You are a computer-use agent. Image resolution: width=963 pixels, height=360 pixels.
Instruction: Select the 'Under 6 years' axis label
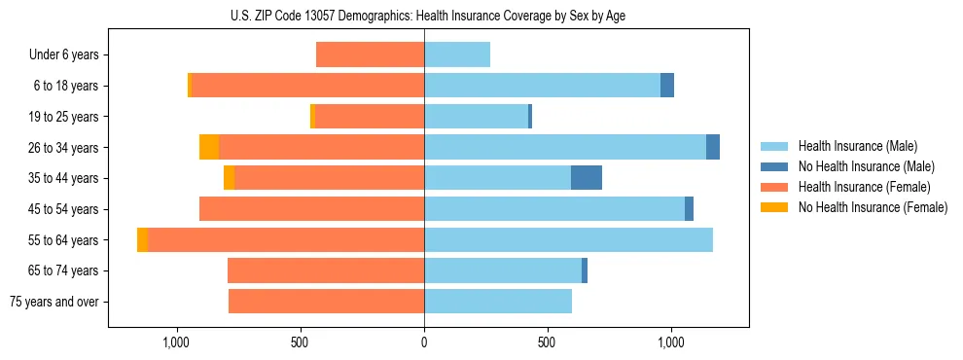pyautogui.click(x=63, y=55)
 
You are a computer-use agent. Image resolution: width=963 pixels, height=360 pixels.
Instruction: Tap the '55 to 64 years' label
pyautogui.click(x=63, y=240)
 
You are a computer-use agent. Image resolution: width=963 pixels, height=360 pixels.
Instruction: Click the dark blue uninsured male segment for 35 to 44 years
pyautogui.click(x=587, y=178)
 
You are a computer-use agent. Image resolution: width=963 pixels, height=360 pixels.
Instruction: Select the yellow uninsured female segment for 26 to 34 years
pyautogui.click(x=209, y=147)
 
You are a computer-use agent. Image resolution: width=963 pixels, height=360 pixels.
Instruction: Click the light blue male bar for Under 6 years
pyautogui.click(x=457, y=54)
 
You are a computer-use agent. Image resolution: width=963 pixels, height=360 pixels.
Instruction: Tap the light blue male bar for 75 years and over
pyautogui.click(x=498, y=302)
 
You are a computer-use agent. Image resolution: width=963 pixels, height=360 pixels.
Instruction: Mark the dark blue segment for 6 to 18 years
pyautogui.click(x=667, y=86)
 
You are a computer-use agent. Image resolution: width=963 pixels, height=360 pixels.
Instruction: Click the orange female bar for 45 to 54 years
pyautogui.click(x=311, y=209)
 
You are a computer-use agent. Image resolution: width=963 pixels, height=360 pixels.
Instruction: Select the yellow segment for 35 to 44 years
pyautogui.click(x=229, y=178)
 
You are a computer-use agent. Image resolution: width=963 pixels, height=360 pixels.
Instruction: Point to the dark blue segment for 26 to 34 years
pyautogui.click(x=713, y=147)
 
